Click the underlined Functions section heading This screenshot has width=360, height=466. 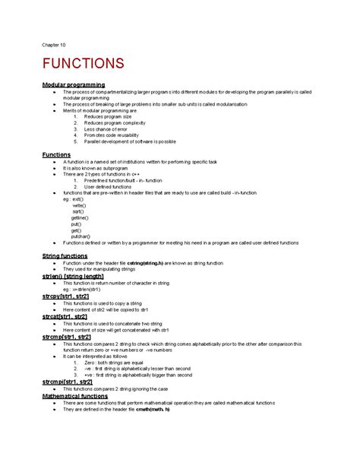coord(56,154)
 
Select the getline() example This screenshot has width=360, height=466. coord(80,218)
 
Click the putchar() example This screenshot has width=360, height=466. coord(81,236)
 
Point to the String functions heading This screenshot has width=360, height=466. coord(65,256)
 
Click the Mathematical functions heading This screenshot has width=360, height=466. coord(75,396)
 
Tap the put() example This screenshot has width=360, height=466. coord(76,224)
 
